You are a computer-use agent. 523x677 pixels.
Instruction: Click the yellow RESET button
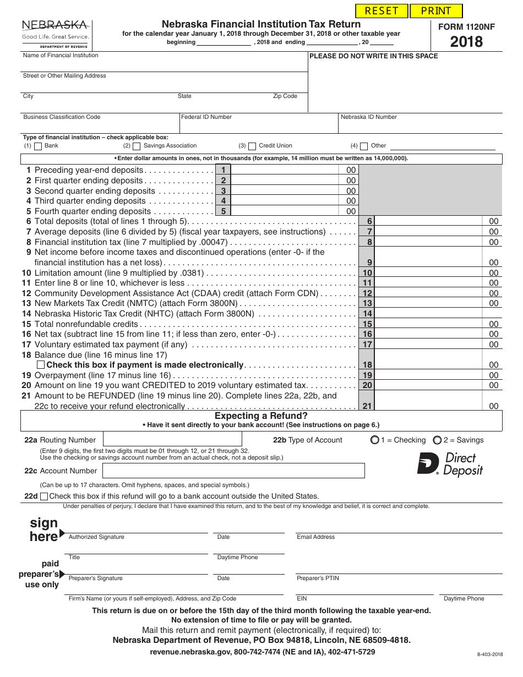[382, 11]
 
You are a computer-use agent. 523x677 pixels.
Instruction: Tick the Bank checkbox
[38, 146]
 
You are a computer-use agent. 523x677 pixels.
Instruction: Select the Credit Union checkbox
[252, 146]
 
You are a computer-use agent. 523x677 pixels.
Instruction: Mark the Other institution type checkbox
[364, 146]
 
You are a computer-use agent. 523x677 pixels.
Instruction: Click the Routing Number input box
[172, 439]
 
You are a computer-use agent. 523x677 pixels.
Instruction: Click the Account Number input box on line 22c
[233, 471]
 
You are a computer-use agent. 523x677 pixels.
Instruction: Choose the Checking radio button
[375, 440]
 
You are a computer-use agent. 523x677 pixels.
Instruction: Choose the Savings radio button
[437, 440]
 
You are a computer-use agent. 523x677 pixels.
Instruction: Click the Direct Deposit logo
[450, 463]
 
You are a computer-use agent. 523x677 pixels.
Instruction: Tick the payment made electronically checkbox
[41, 365]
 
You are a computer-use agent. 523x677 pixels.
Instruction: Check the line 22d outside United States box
[44, 496]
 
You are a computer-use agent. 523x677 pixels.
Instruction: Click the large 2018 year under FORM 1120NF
[466, 42]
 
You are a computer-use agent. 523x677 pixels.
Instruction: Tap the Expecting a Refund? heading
[261, 416]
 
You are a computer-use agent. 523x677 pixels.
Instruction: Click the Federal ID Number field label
[206, 117]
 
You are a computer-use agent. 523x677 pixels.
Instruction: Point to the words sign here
[43, 529]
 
